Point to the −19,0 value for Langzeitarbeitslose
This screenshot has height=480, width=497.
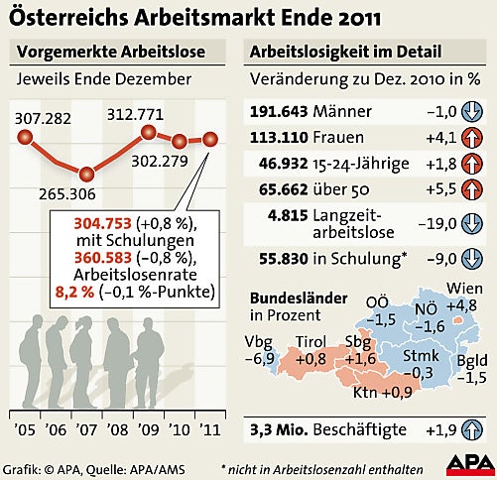pyautogui.click(x=432, y=224)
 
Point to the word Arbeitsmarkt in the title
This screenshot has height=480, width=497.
pyautogui.click(x=231, y=19)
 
